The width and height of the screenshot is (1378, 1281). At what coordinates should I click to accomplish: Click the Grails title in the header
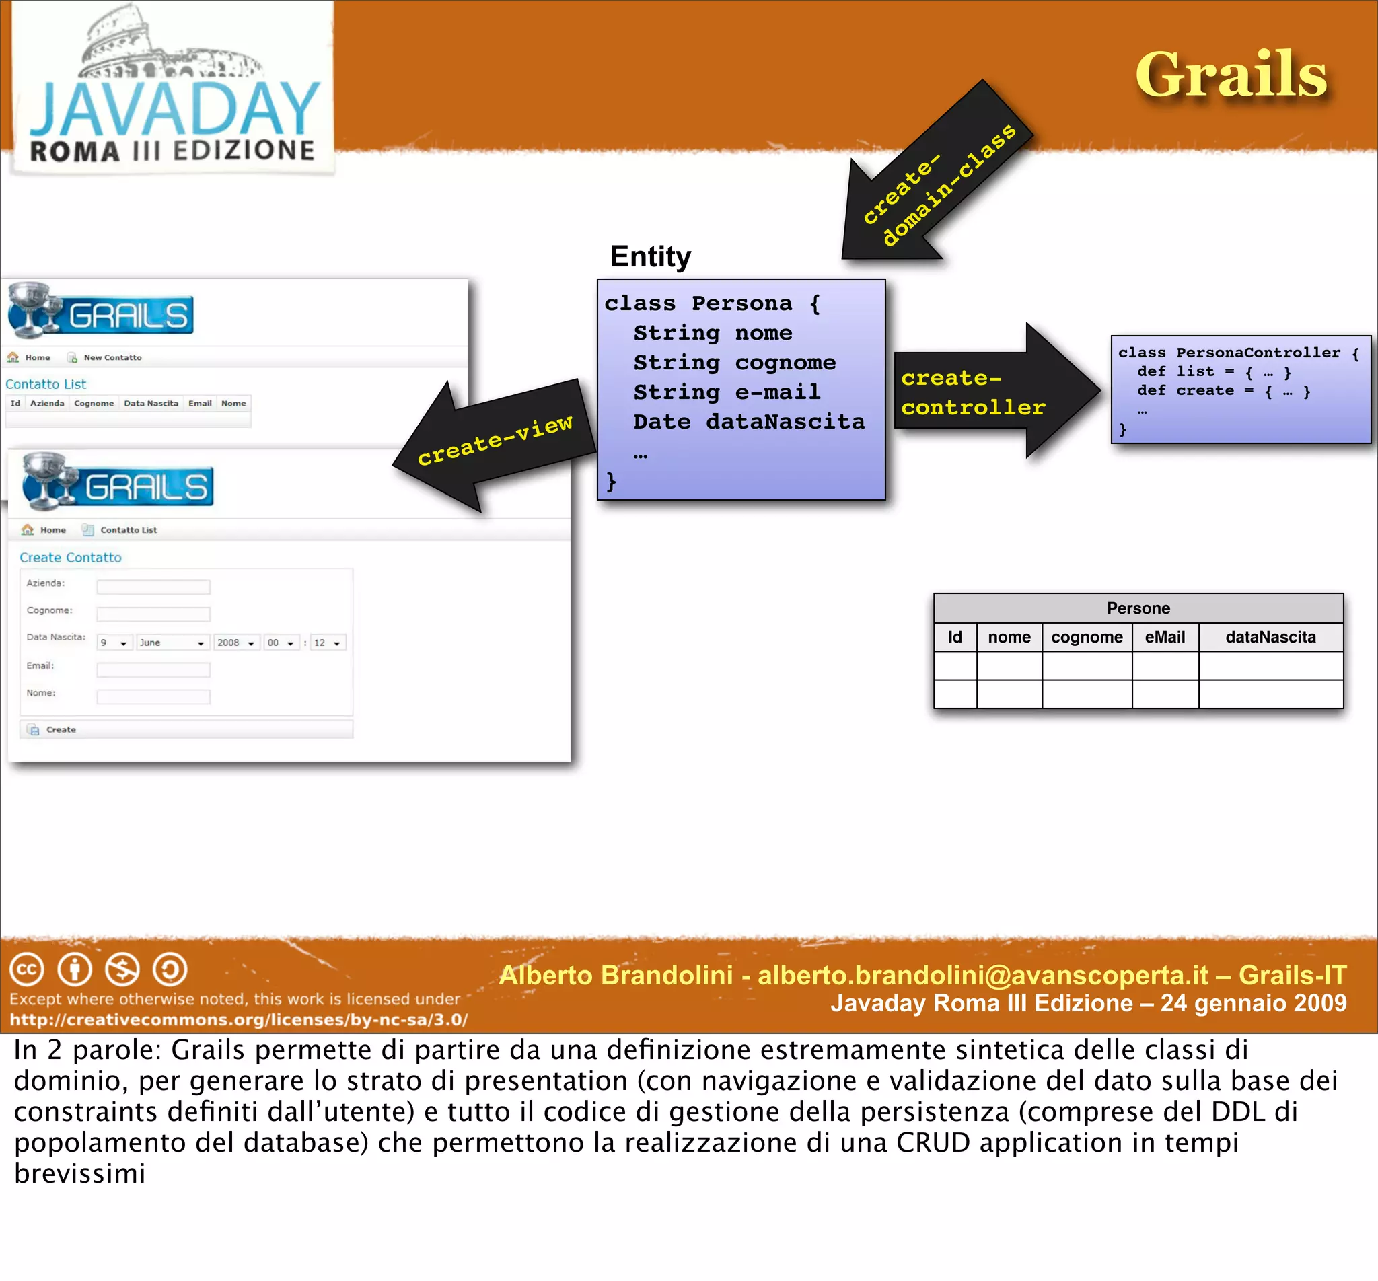1231,75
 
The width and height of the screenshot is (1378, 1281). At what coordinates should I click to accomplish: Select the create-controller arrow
991,392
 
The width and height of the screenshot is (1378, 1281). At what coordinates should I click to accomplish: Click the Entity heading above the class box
650,256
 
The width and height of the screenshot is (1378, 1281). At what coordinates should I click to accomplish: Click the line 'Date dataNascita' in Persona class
749,421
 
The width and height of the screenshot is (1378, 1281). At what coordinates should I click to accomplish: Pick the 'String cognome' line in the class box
735,363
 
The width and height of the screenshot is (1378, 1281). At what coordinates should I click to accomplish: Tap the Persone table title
1138,608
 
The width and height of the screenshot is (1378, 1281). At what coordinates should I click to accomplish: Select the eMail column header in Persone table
1165,637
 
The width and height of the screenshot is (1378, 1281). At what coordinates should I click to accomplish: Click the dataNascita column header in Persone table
1270,637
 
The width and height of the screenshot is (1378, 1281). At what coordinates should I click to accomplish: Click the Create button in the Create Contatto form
61,729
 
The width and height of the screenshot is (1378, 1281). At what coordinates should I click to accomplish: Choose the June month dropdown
172,643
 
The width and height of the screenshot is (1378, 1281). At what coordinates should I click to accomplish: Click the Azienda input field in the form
153,587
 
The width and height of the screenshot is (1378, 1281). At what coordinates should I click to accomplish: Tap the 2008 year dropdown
235,643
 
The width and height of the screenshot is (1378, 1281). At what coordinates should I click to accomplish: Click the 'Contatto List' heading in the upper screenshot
46,384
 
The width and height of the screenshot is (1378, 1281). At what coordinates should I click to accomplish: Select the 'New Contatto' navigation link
112,358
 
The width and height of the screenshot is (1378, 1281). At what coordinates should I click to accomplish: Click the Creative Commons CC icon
26,969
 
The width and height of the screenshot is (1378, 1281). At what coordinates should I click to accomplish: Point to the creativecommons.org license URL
238,1020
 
